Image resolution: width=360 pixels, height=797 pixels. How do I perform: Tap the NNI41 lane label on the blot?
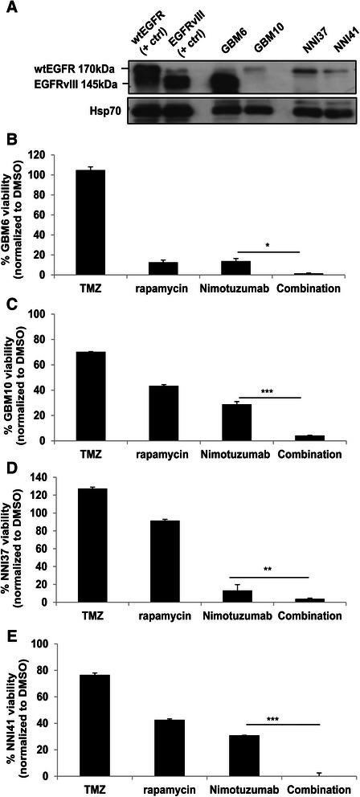pyautogui.click(x=342, y=40)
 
